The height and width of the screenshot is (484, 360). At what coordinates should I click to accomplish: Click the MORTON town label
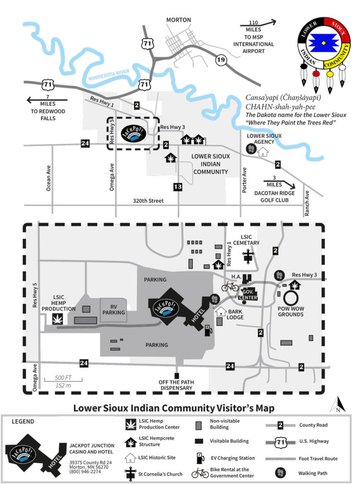pos(178,20)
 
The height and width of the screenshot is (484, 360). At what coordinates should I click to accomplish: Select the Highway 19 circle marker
pos(220,60)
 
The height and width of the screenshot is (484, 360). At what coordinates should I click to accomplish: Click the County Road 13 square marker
pos(178,187)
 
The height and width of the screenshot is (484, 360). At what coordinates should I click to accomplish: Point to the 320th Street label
pos(149,201)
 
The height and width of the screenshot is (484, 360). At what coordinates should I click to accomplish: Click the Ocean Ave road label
pos(48,178)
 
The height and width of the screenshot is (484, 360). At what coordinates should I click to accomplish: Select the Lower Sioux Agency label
pos(267,139)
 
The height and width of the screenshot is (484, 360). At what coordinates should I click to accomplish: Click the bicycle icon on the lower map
pos(230,286)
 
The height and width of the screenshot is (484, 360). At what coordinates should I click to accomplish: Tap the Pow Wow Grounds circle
pos(290,297)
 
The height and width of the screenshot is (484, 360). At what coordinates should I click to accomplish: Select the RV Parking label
pos(114,309)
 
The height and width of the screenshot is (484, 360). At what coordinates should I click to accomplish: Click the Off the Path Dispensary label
pos(177,385)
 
